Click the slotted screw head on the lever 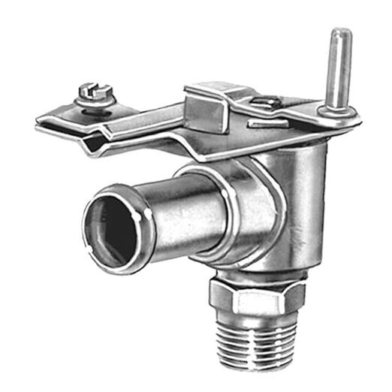[97, 92]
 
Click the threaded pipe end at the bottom [255, 342]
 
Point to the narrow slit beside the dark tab [267, 119]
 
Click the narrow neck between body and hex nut [255, 275]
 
